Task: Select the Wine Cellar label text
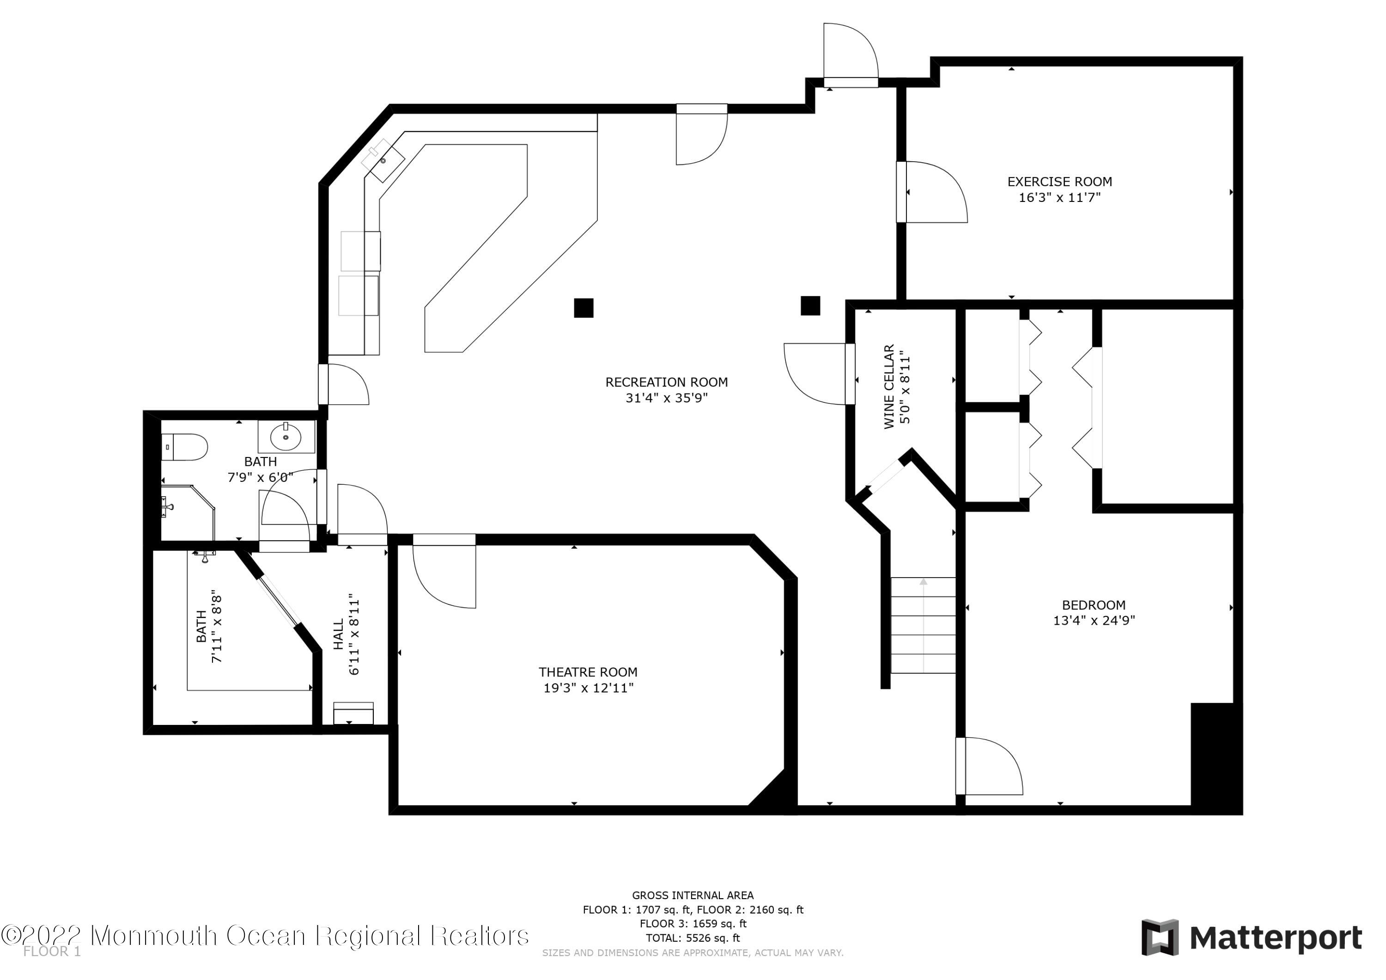[888, 386]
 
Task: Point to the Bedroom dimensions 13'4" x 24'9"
[1094, 620]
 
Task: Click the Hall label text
[339, 634]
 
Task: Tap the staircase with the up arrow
[923, 625]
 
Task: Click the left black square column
[583, 308]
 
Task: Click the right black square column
[810, 305]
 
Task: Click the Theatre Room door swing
[444, 573]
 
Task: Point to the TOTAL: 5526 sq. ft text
[693, 938]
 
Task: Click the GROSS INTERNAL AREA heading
[693, 895]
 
